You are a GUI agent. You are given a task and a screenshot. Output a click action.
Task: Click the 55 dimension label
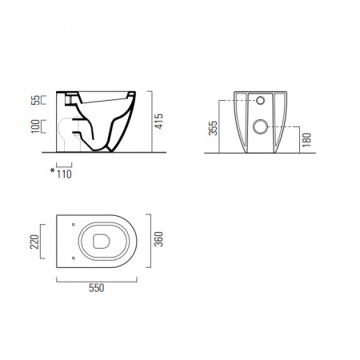tap(35, 100)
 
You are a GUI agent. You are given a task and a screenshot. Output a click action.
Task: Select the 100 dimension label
tap(35, 126)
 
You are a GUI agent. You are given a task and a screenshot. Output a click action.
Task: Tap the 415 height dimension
tap(159, 122)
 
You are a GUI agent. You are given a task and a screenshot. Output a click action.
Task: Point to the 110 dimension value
tap(64, 174)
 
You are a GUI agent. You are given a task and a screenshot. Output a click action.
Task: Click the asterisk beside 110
tap(53, 170)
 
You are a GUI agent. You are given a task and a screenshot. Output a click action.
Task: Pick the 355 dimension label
tap(213, 128)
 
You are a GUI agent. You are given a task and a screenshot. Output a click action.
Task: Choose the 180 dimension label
tap(307, 139)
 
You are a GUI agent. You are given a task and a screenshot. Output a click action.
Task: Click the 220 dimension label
tap(34, 242)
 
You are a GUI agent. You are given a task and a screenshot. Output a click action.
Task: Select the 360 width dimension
tap(158, 239)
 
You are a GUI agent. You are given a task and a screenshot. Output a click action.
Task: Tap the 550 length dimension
tap(97, 288)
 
